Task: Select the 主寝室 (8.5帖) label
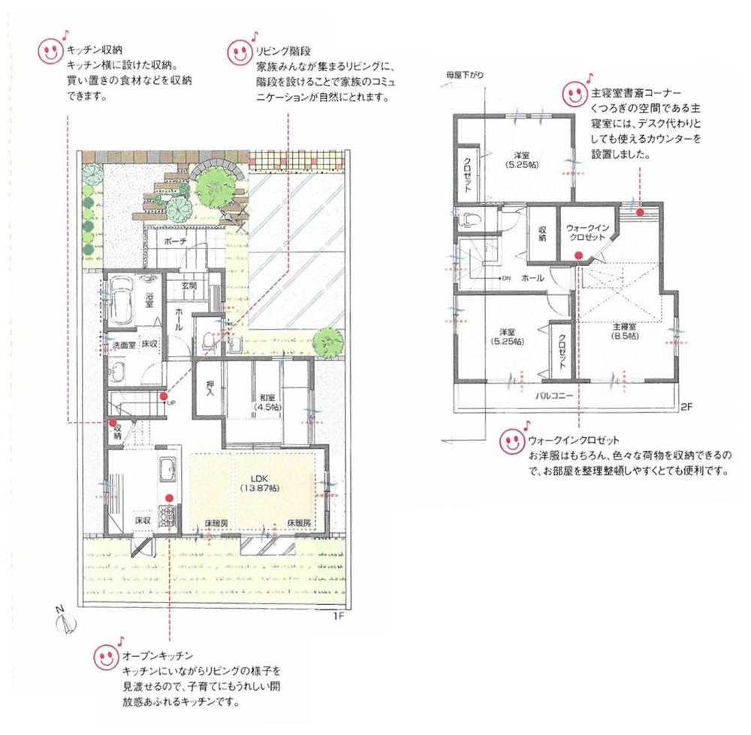point(624,332)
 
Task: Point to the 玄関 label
point(189,285)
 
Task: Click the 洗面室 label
point(123,345)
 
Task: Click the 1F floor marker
point(338,617)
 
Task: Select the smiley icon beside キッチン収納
point(50,51)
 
